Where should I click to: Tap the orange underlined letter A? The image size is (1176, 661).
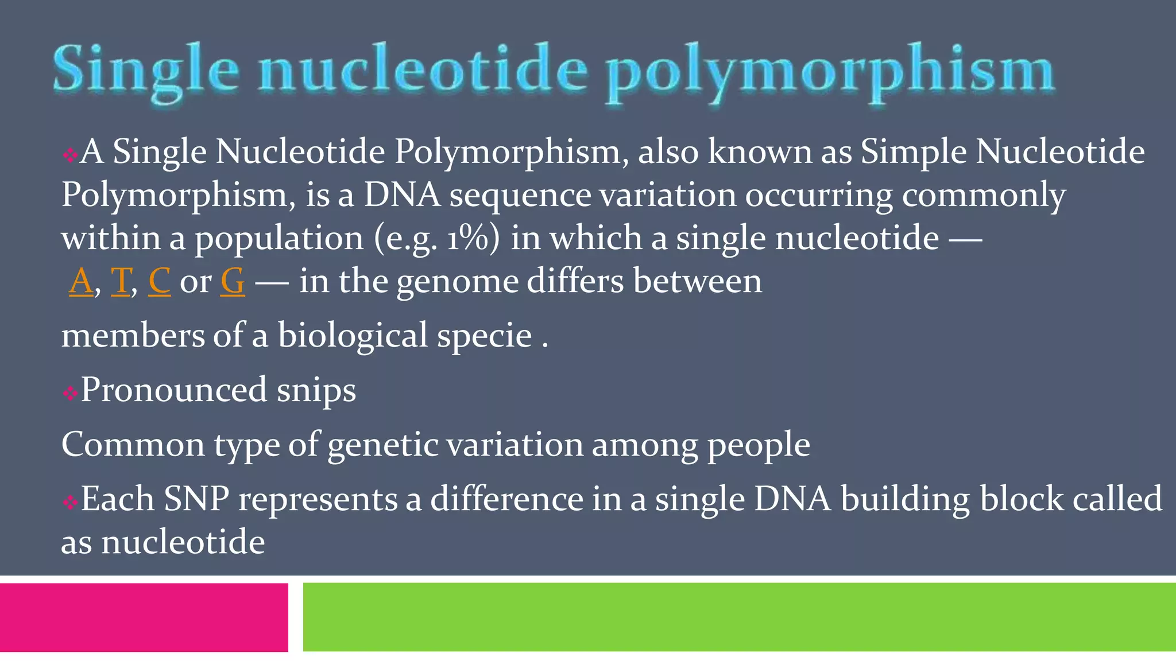81,281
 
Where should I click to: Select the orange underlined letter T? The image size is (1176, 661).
121,281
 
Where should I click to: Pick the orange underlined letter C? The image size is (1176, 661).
159,281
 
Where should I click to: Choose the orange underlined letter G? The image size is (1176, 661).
233,281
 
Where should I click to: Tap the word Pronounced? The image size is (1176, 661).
173,390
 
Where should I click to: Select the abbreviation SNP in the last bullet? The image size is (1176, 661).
196,499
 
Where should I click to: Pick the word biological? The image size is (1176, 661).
353,336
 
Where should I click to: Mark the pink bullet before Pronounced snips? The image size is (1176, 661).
70,393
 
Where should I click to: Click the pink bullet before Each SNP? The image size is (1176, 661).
70,503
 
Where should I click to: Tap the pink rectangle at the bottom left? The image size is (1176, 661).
144,617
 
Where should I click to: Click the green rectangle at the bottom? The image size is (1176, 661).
739,617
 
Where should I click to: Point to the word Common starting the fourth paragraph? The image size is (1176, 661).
133,445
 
